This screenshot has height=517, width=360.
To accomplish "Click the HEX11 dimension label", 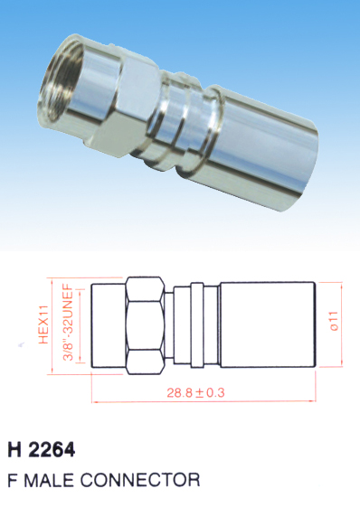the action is (43, 324).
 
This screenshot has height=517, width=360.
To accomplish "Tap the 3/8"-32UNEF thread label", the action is (69, 322).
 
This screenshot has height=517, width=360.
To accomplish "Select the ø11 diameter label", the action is (334, 321).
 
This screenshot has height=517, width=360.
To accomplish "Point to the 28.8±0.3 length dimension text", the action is (195, 392).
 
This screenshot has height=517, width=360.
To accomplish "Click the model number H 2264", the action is (42, 450).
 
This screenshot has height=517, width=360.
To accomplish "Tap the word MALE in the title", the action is (49, 480).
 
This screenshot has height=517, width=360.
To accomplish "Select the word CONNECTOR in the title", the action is (140, 480).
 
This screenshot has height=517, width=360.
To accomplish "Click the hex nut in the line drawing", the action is (146, 325).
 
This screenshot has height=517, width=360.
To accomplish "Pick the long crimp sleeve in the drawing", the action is (268, 324).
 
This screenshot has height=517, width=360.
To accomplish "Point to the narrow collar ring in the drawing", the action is (197, 324).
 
